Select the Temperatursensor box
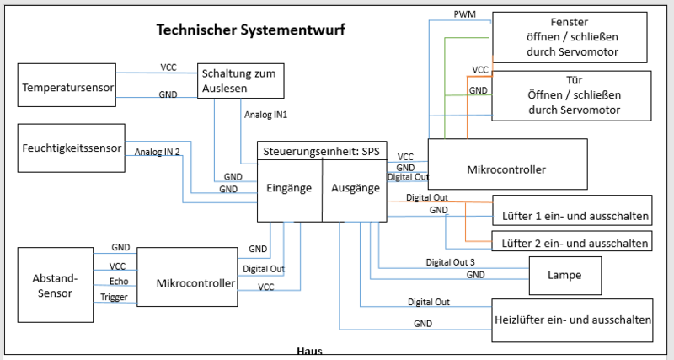click(67, 87)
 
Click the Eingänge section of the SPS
click(290, 188)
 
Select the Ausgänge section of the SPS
click(354, 188)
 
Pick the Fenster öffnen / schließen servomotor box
click(572, 37)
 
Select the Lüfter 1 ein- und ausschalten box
click(572, 216)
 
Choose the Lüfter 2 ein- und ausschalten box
click(572, 243)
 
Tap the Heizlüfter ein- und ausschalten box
click(572, 320)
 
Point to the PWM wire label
click(464, 14)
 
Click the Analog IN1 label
click(265, 114)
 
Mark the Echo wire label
click(119, 282)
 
